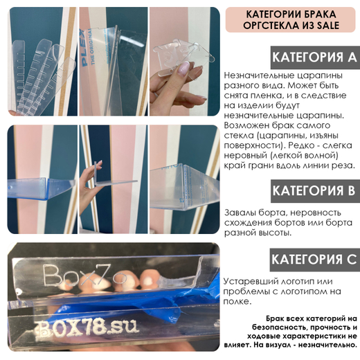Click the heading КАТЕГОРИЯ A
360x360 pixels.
click(314, 57)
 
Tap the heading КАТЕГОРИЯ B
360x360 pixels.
click(314, 190)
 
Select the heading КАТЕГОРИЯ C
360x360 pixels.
click(314, 260)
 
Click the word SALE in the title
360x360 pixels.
click(328, 25)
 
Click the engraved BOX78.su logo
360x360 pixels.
click(87, 327)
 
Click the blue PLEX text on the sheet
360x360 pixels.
click(84, 48)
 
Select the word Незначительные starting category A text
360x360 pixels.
click(259, 75)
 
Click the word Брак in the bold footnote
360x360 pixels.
click(275, 318)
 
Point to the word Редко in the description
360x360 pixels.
click(300, 145)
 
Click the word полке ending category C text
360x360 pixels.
click(237, 302)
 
